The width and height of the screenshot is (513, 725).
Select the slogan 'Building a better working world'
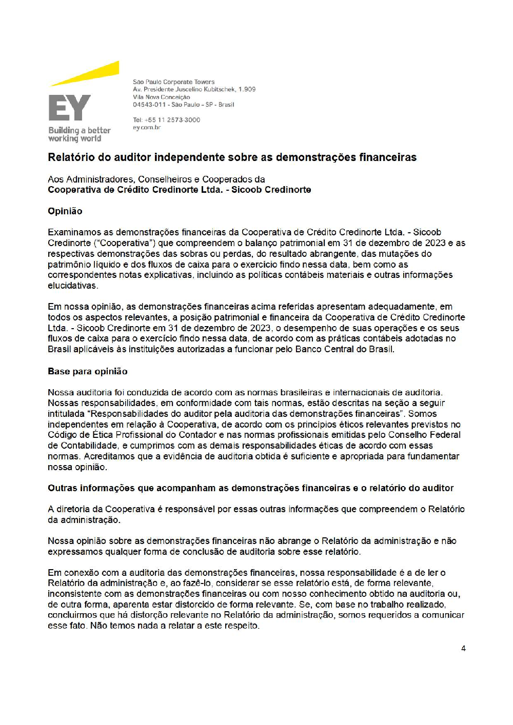point(79,134)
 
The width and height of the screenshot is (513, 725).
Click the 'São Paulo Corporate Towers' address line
point(173,82)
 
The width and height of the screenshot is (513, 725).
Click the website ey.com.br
point(147,128)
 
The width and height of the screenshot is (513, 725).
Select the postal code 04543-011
point(149,105)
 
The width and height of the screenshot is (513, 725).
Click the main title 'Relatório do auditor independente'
point(232,157)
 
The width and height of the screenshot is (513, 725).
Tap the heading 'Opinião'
point(65,211)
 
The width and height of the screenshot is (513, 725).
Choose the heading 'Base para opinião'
point(88,371)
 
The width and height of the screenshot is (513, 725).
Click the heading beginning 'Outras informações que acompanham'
point(250,488)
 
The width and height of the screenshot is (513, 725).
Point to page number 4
point(463,649)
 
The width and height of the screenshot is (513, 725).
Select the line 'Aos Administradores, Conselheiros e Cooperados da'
point(156,179)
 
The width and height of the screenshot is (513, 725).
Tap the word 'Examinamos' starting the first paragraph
point(74,232)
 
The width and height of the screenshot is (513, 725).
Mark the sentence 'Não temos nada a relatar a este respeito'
point(174,626)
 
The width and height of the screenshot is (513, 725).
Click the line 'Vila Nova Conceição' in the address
point(162,97)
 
